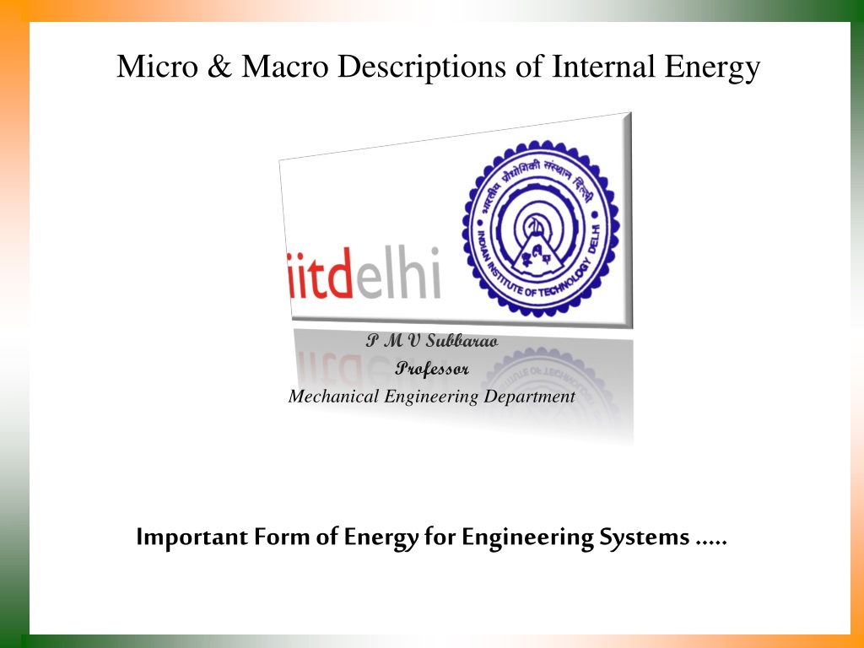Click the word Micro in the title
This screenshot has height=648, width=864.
[157, 66]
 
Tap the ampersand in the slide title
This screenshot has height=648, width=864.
[220, 66]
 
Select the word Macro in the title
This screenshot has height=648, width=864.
[285, 66]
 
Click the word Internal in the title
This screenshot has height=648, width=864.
[603, 66]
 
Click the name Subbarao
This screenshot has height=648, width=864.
[462, 341]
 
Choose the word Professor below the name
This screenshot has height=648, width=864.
[432, 368]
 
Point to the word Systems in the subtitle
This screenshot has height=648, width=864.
[644, 537]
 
